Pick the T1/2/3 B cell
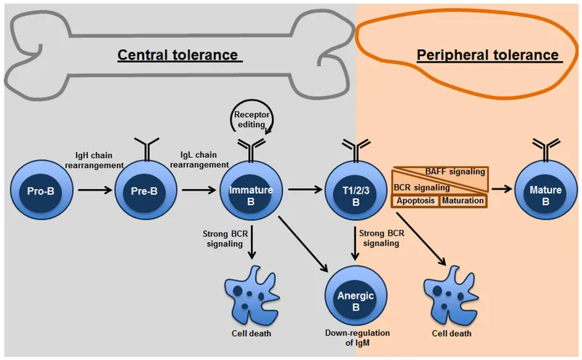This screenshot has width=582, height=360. click(356, 191)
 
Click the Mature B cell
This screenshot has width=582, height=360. click(544, 191)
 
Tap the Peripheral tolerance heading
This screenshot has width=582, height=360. click(487, 55)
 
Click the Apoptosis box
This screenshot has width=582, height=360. click(415, 200)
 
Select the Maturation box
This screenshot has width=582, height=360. click(463, 200)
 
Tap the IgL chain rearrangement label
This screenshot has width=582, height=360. click(197, 160)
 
